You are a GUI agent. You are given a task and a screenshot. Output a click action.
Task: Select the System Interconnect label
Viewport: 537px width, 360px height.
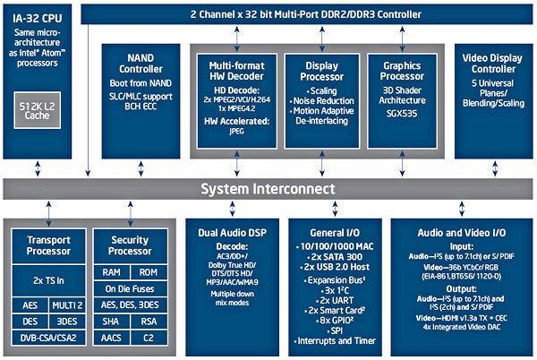click(268, 189)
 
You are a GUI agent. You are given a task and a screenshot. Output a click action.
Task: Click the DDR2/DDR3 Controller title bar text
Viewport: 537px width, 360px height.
click(304, 13)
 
